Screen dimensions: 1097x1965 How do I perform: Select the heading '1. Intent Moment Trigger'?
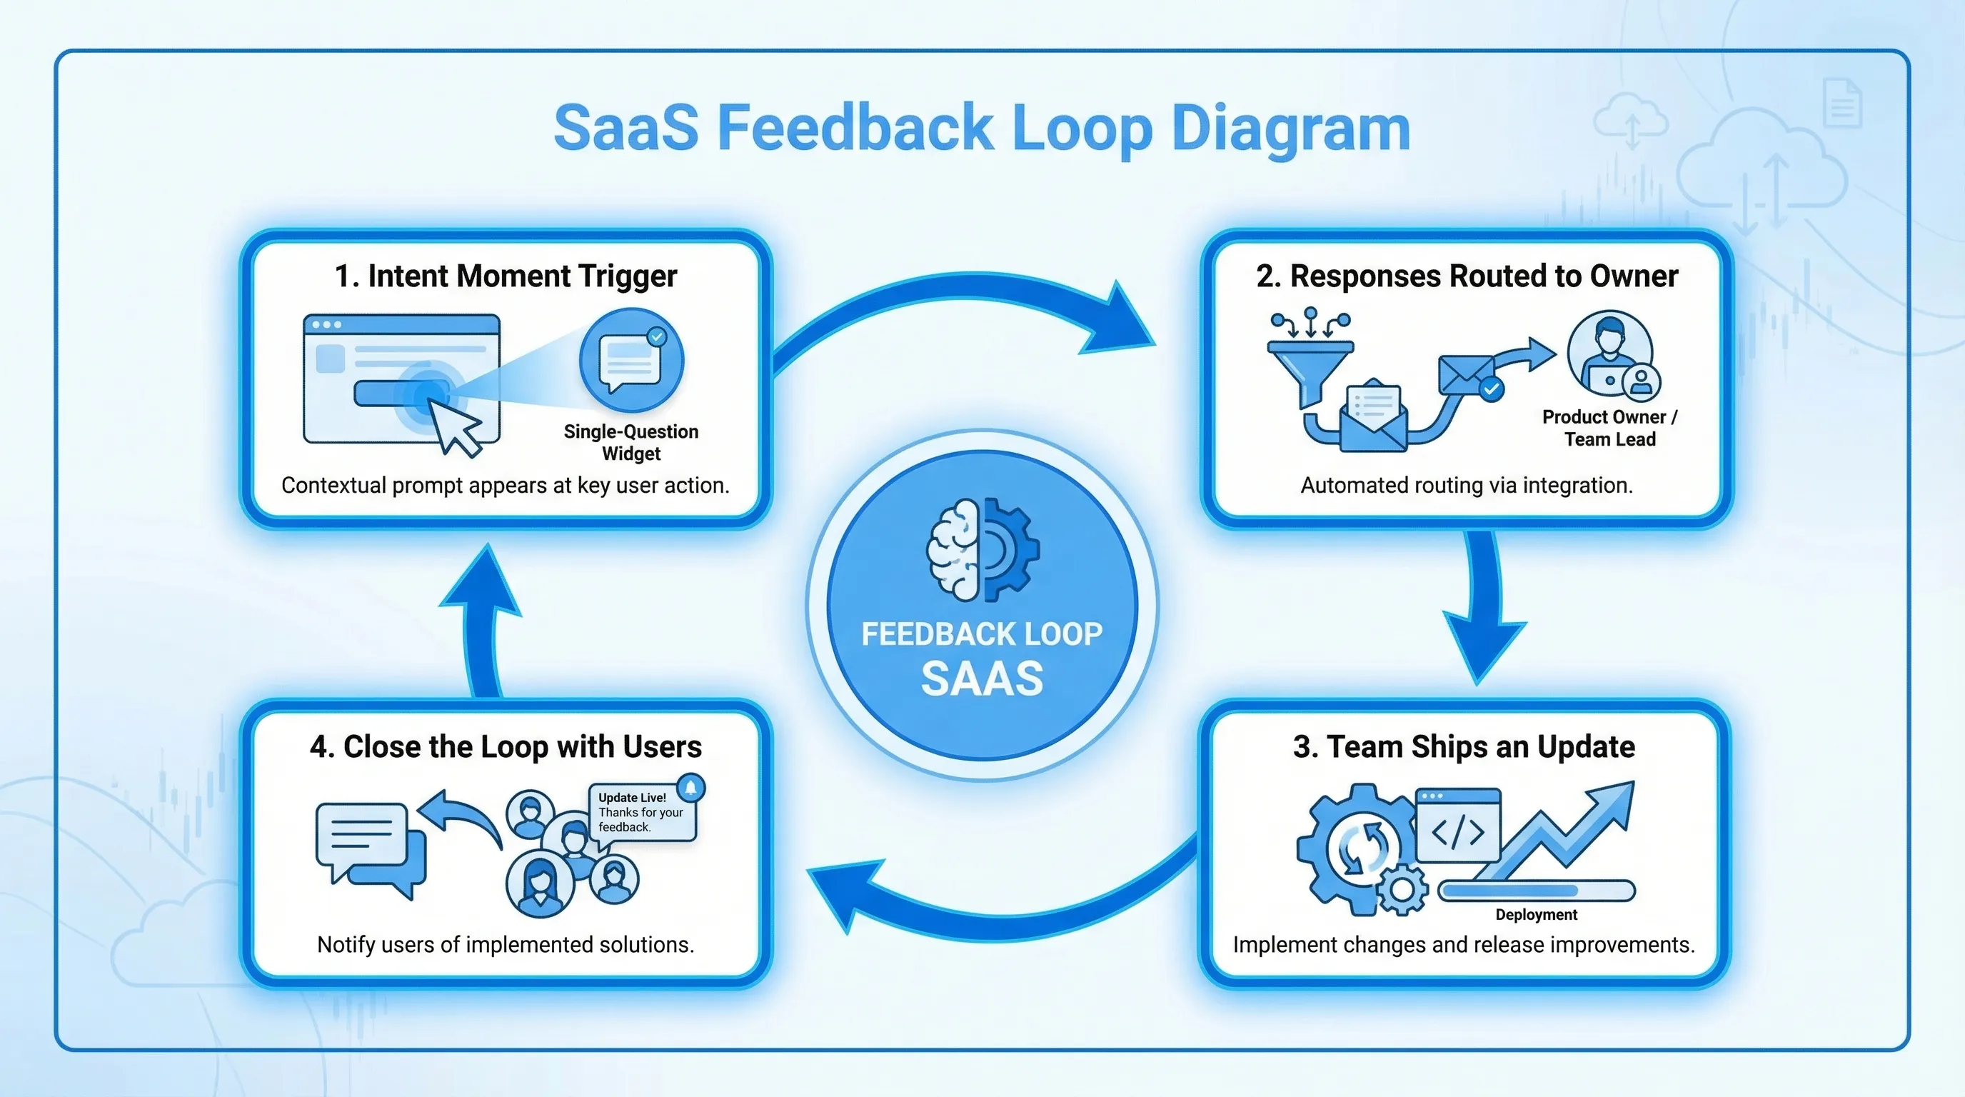(506, 276)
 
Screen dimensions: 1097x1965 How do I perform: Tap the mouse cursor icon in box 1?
(455, 427)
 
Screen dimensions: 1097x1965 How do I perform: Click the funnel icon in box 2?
(1310, 367)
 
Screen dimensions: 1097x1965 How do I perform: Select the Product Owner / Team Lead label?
(1609, 428)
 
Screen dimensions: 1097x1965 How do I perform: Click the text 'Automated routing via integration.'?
(1466, 485)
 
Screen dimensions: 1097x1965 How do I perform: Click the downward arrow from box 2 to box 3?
(1483, 611)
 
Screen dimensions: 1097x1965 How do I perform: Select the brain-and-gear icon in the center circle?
(982, 549)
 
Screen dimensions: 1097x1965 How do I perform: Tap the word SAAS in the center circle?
(982, 679)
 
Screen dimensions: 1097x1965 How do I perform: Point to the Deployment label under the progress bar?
(1536, 915)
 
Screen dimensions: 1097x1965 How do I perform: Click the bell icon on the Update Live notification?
(691, 786)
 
